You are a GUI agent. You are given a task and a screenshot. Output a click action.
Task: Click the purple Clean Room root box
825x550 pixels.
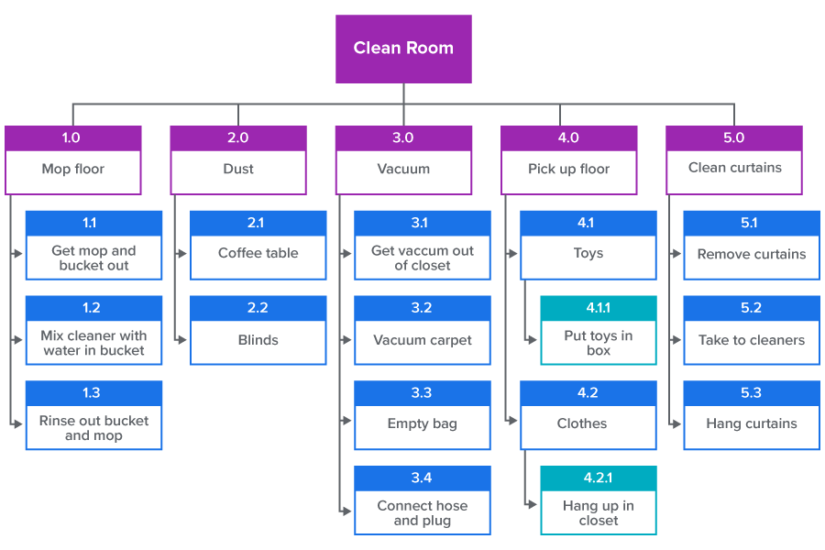pos(403,49)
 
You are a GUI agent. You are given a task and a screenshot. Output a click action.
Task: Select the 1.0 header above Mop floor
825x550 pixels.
pos(72,137)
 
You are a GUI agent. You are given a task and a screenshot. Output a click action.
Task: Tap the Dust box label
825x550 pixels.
pos(238,170)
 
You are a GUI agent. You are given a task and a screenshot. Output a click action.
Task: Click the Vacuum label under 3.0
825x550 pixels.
pos(403,170)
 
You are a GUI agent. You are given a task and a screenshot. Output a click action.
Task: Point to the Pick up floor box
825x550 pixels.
pos(568,170)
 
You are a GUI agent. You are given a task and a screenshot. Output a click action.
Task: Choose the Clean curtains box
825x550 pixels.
pos(734,169)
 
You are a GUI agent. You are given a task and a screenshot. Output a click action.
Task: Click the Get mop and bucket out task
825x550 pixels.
pos(93,258)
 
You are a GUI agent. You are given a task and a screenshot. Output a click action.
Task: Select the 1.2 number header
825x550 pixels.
pos(93,308)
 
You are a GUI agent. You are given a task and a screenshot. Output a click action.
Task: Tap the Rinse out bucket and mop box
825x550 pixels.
pos(93,428)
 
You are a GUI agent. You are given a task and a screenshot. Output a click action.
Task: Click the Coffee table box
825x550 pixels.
pos(258,254)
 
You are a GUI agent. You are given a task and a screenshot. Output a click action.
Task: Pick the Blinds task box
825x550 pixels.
pos(258,340)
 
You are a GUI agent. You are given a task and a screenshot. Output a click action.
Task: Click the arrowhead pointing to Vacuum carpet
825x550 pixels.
pos(347,340)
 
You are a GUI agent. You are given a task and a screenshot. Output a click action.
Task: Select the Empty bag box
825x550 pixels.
pos(422,424)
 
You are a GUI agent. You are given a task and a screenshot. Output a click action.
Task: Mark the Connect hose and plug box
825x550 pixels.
pos(422,513)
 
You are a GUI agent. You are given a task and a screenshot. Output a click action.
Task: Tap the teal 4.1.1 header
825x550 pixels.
pos(598,308)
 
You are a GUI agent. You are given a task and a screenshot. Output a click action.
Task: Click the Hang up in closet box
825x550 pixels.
pos(598,513)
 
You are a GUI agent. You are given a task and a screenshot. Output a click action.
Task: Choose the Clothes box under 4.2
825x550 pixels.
pos(588,424)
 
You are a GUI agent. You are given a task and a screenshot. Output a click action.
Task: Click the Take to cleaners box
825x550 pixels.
pos(752,340)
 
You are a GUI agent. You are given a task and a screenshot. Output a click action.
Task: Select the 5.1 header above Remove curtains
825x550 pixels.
pos(752,223)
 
